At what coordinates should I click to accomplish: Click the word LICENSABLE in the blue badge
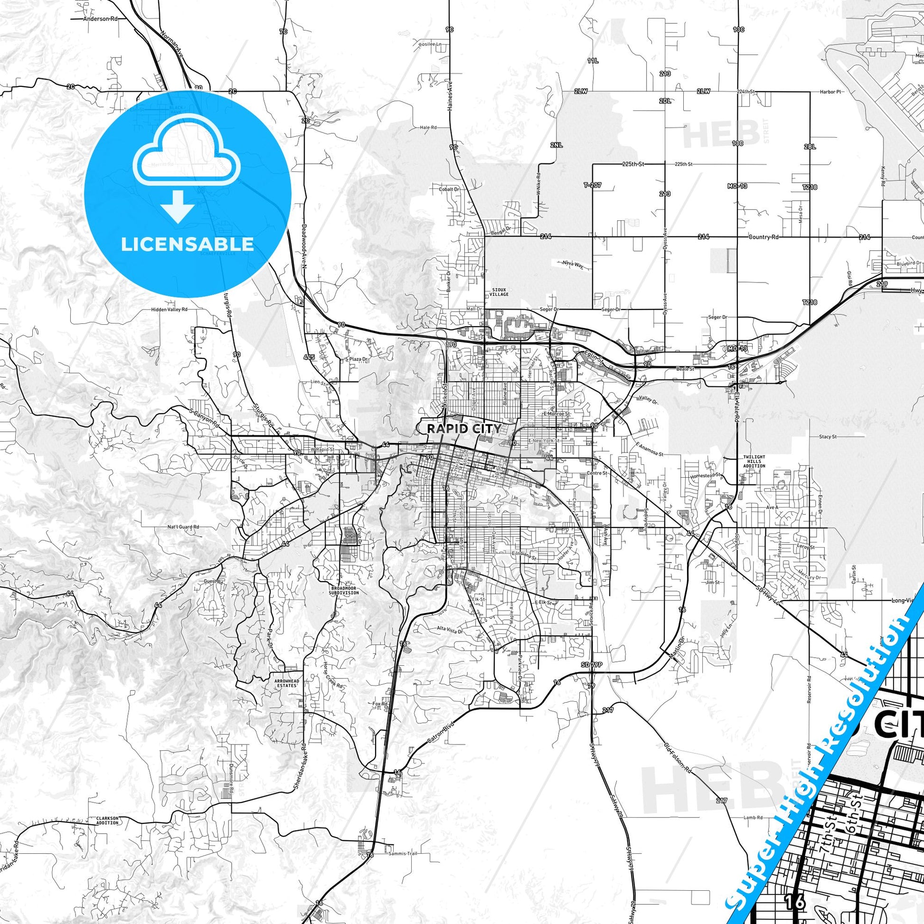point(187,244)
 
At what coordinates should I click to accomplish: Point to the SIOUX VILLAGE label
point(499,292)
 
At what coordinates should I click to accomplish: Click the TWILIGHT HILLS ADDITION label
point(754,462)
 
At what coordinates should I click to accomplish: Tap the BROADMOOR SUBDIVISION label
point(343,591)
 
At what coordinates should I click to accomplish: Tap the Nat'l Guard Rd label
point(183,527)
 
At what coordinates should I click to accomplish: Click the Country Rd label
point(764,237)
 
